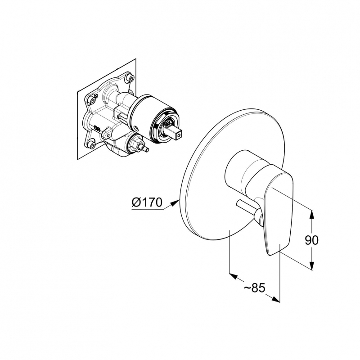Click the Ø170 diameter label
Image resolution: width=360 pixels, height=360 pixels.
click(147, 202)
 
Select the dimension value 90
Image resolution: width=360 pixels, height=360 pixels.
click(311, 240)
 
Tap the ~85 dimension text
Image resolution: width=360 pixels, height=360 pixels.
click(254, 288)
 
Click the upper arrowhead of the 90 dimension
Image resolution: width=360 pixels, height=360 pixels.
click(311, 215)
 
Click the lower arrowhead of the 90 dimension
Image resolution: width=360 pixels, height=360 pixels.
click(311, 265)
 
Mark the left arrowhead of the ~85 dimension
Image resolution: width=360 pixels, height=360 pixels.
click(234, 276)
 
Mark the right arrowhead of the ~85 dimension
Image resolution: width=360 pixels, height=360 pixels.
click(276, 299)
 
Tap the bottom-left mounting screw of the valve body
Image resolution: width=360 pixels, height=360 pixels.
click(92, 144)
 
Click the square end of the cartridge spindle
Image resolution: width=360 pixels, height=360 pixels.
click(178, 135)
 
